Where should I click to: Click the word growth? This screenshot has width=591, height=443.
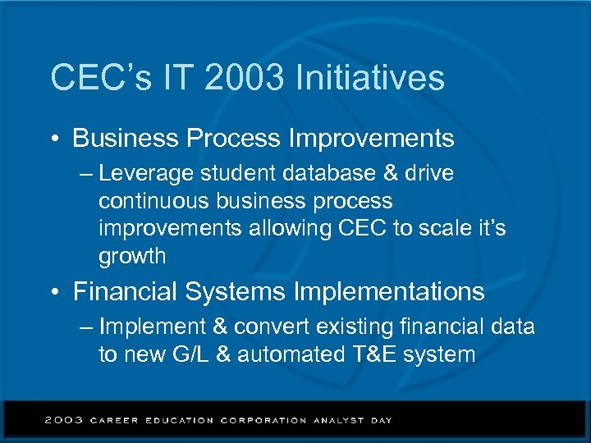(x=132, y=257)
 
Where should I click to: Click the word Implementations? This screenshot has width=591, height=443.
(x=387, y=292)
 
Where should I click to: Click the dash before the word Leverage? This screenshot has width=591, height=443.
(x=88, y=175)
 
